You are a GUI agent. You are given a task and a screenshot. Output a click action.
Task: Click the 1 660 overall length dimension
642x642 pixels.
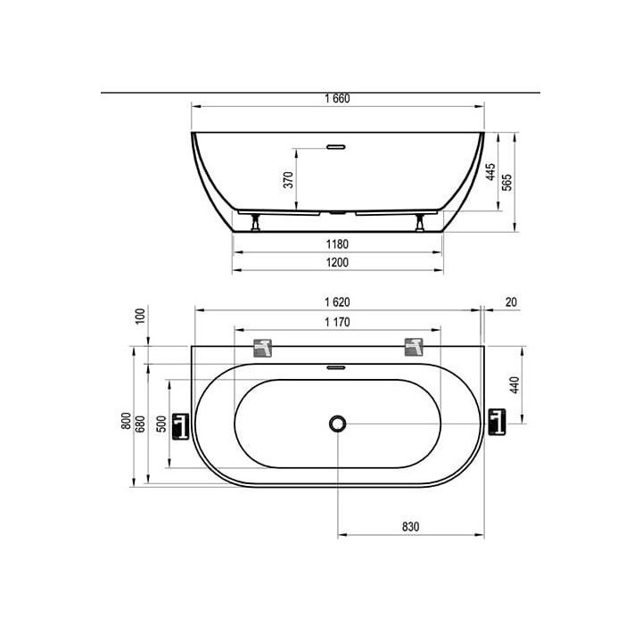coord(337,99)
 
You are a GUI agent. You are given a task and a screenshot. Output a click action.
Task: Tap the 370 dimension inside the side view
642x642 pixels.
coord(289,180)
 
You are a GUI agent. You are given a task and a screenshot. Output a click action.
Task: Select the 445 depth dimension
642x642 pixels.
coord(490,172)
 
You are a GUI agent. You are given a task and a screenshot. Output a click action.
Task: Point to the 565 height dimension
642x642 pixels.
coord(506,183)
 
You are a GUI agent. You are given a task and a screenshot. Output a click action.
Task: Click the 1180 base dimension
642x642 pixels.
coord(337,244)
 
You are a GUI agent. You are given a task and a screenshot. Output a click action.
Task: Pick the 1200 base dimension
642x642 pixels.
coord(337,262)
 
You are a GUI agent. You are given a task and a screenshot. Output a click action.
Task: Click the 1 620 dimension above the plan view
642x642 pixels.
coord(337,302)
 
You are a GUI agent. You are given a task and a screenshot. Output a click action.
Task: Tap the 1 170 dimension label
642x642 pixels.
coord(337,322)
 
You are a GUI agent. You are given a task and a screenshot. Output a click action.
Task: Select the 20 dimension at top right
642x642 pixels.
coord(511,302)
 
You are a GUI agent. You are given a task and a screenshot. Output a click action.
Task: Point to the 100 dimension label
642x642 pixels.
coord(141,317)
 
